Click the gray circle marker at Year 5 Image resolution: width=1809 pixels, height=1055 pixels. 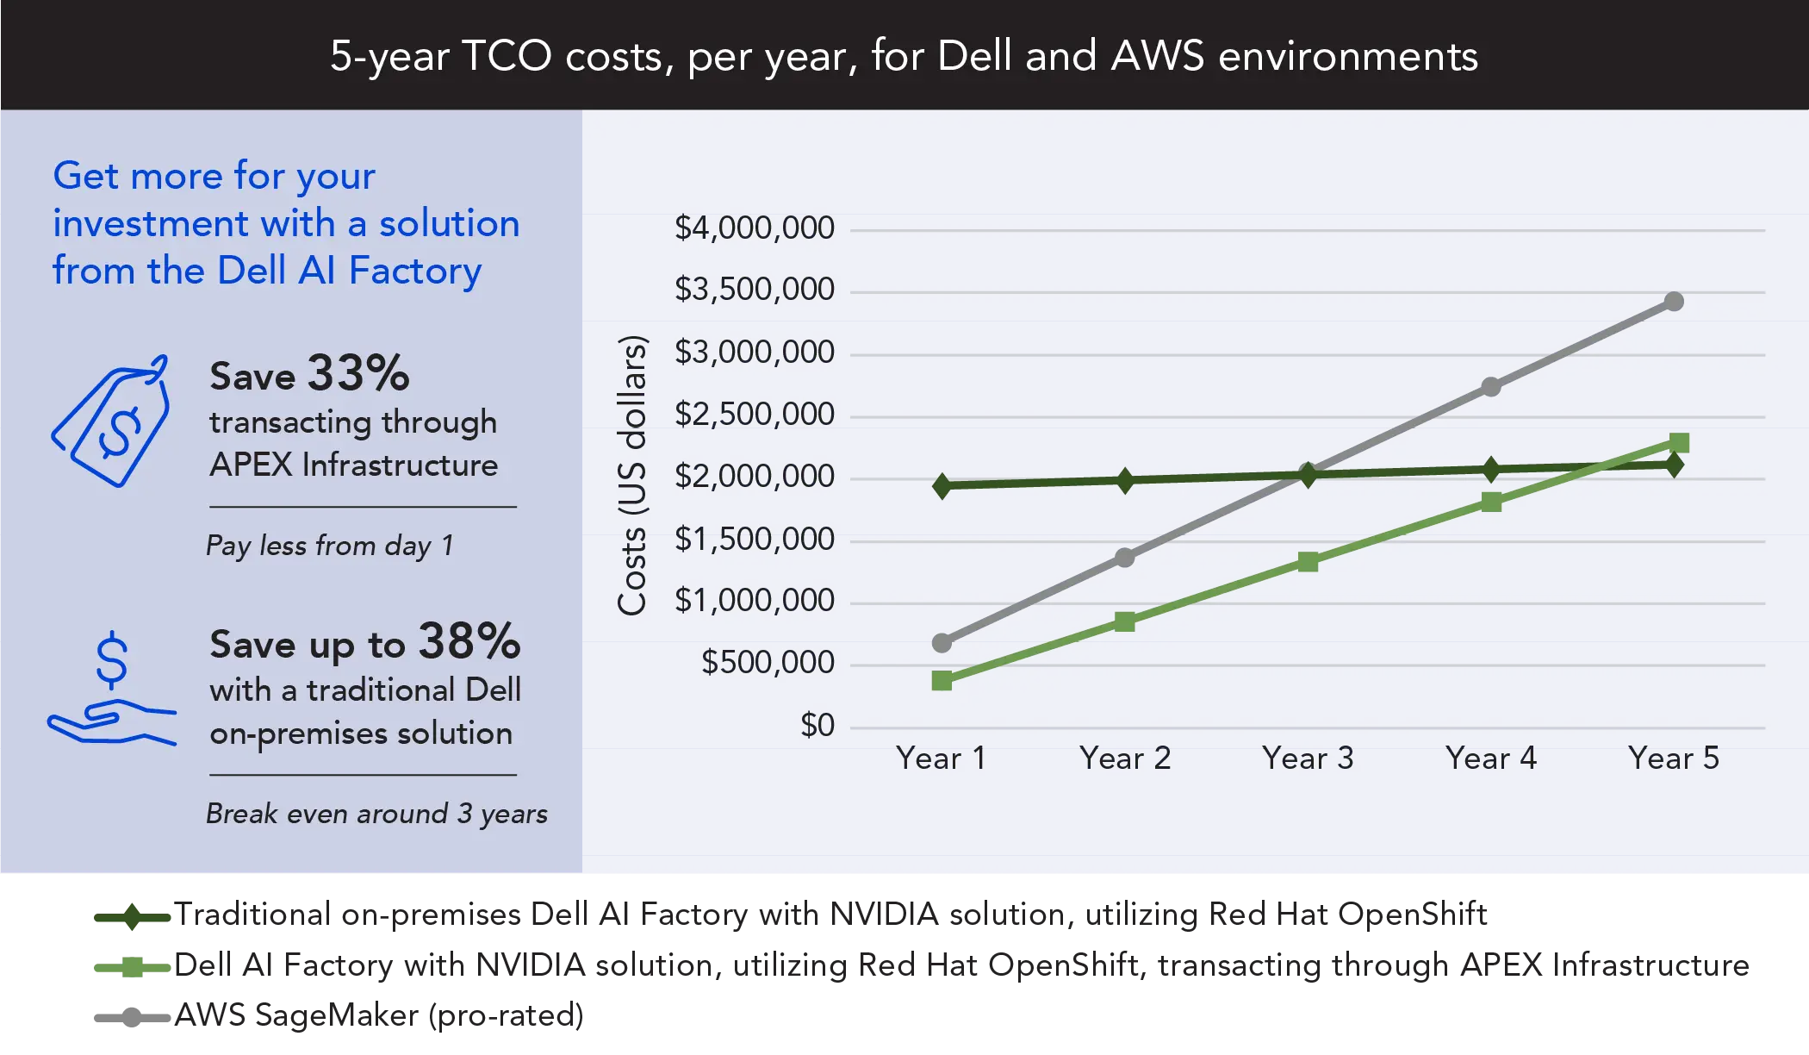point(1674,302)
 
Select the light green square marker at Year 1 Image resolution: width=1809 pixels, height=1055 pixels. point(942,681)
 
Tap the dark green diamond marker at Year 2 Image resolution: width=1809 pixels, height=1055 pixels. point(1125,480)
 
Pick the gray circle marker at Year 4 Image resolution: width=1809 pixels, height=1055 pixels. point(1491,387)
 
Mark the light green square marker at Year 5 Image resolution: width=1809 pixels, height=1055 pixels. point(1679,443)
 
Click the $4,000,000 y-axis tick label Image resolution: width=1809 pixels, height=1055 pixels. point(754,228)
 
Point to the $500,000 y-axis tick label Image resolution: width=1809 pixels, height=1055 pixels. point(767,663)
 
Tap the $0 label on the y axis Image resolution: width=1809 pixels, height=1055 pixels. point(817,726)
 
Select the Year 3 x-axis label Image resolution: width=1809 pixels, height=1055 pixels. point(1307,758)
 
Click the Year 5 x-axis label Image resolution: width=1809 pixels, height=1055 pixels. point(1673,758)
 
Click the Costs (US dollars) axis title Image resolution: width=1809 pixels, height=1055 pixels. point(632,475)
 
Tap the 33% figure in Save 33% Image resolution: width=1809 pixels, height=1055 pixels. point(358,373)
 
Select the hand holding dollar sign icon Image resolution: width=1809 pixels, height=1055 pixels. point(111,690)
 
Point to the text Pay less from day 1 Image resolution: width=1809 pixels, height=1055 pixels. point(329,546)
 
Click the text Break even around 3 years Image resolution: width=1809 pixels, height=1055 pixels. point(376,814)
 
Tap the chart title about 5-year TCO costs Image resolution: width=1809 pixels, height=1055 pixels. point(904,56)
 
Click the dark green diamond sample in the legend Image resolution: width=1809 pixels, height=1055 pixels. point(131,916)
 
